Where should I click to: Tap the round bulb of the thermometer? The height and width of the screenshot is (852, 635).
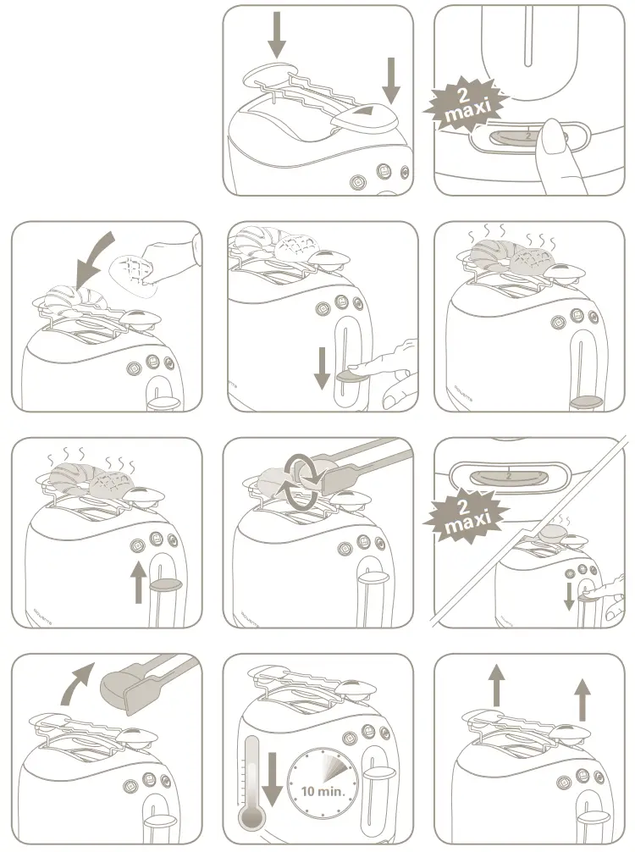[x=250, y=819]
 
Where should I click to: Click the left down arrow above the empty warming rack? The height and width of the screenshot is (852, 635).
[x=276, y=34]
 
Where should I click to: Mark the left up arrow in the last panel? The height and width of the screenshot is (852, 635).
[x=497, y=686]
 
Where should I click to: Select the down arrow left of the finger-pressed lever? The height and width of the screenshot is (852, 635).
[x=322, y=367]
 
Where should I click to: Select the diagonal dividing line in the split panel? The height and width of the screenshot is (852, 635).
[x=530, y=534]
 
